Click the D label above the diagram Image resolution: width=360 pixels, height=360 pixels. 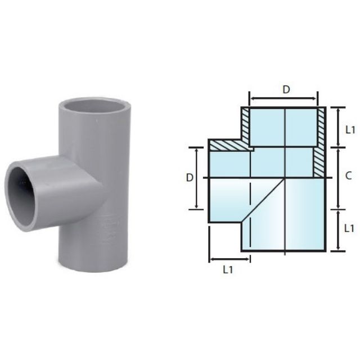[286, 89]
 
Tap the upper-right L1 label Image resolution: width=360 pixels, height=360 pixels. [349, 129]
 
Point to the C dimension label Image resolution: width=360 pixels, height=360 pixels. [348, 176]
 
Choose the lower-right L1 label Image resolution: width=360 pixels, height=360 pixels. [349, 228]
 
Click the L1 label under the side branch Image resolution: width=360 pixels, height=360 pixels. [228, 269]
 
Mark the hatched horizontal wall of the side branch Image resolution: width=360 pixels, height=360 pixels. [230, 145]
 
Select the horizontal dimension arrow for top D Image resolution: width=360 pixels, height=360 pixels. [284, 99]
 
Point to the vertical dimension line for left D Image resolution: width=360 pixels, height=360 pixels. [196, 178]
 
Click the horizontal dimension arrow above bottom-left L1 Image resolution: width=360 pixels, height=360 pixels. [229, 259]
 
